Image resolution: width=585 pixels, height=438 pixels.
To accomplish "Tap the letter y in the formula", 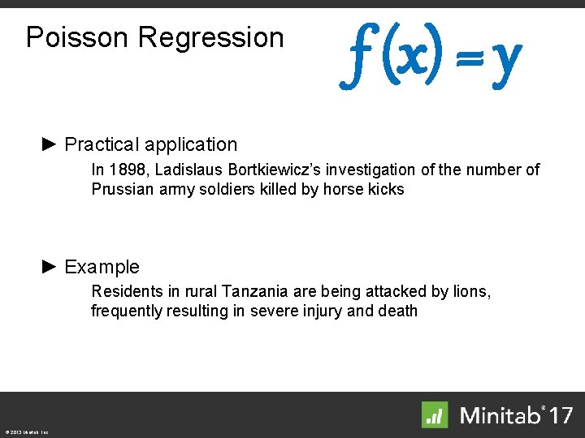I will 506,58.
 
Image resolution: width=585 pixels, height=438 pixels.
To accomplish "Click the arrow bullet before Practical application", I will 50,144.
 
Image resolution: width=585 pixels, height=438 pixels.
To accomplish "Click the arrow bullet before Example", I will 50,266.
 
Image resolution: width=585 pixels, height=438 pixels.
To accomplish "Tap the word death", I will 396,311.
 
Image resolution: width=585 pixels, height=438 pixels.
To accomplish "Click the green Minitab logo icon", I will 435,414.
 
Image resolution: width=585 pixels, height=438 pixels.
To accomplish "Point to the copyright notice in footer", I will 27,432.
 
